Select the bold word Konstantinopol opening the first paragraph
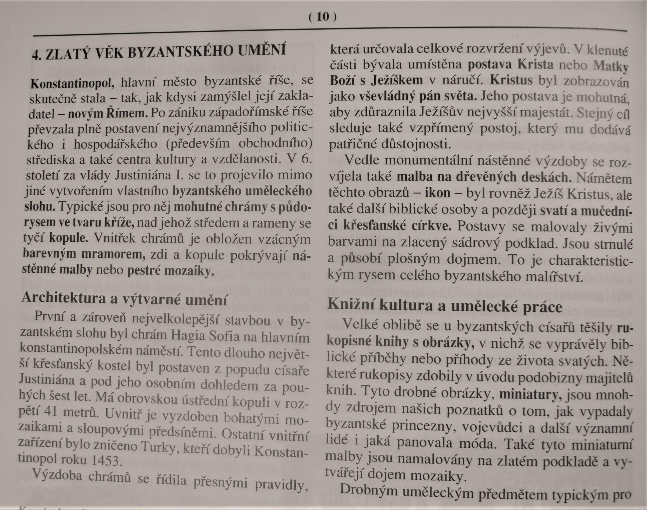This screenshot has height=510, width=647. point(72,83)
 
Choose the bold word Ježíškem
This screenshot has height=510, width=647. point(397,80)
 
